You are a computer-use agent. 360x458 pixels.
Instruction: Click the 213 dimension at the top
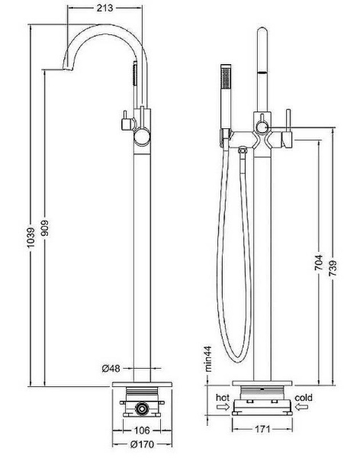coord(104,8)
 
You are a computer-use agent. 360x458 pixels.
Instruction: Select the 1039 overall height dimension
coord(31,237)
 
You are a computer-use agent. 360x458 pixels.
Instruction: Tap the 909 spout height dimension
coord(45,227)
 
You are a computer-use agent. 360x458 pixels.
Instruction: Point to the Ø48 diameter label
coord(111,369)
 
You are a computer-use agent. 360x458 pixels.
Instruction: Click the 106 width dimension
coord(142,431)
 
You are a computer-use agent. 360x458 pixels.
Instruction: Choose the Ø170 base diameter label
coord(142,444)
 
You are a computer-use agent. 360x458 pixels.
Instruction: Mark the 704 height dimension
coord(319,262)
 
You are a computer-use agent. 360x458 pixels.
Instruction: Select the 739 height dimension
coord(333,268)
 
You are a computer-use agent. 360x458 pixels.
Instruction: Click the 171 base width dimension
coord(263,429)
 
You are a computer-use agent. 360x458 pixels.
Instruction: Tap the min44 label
coord(208,359)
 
